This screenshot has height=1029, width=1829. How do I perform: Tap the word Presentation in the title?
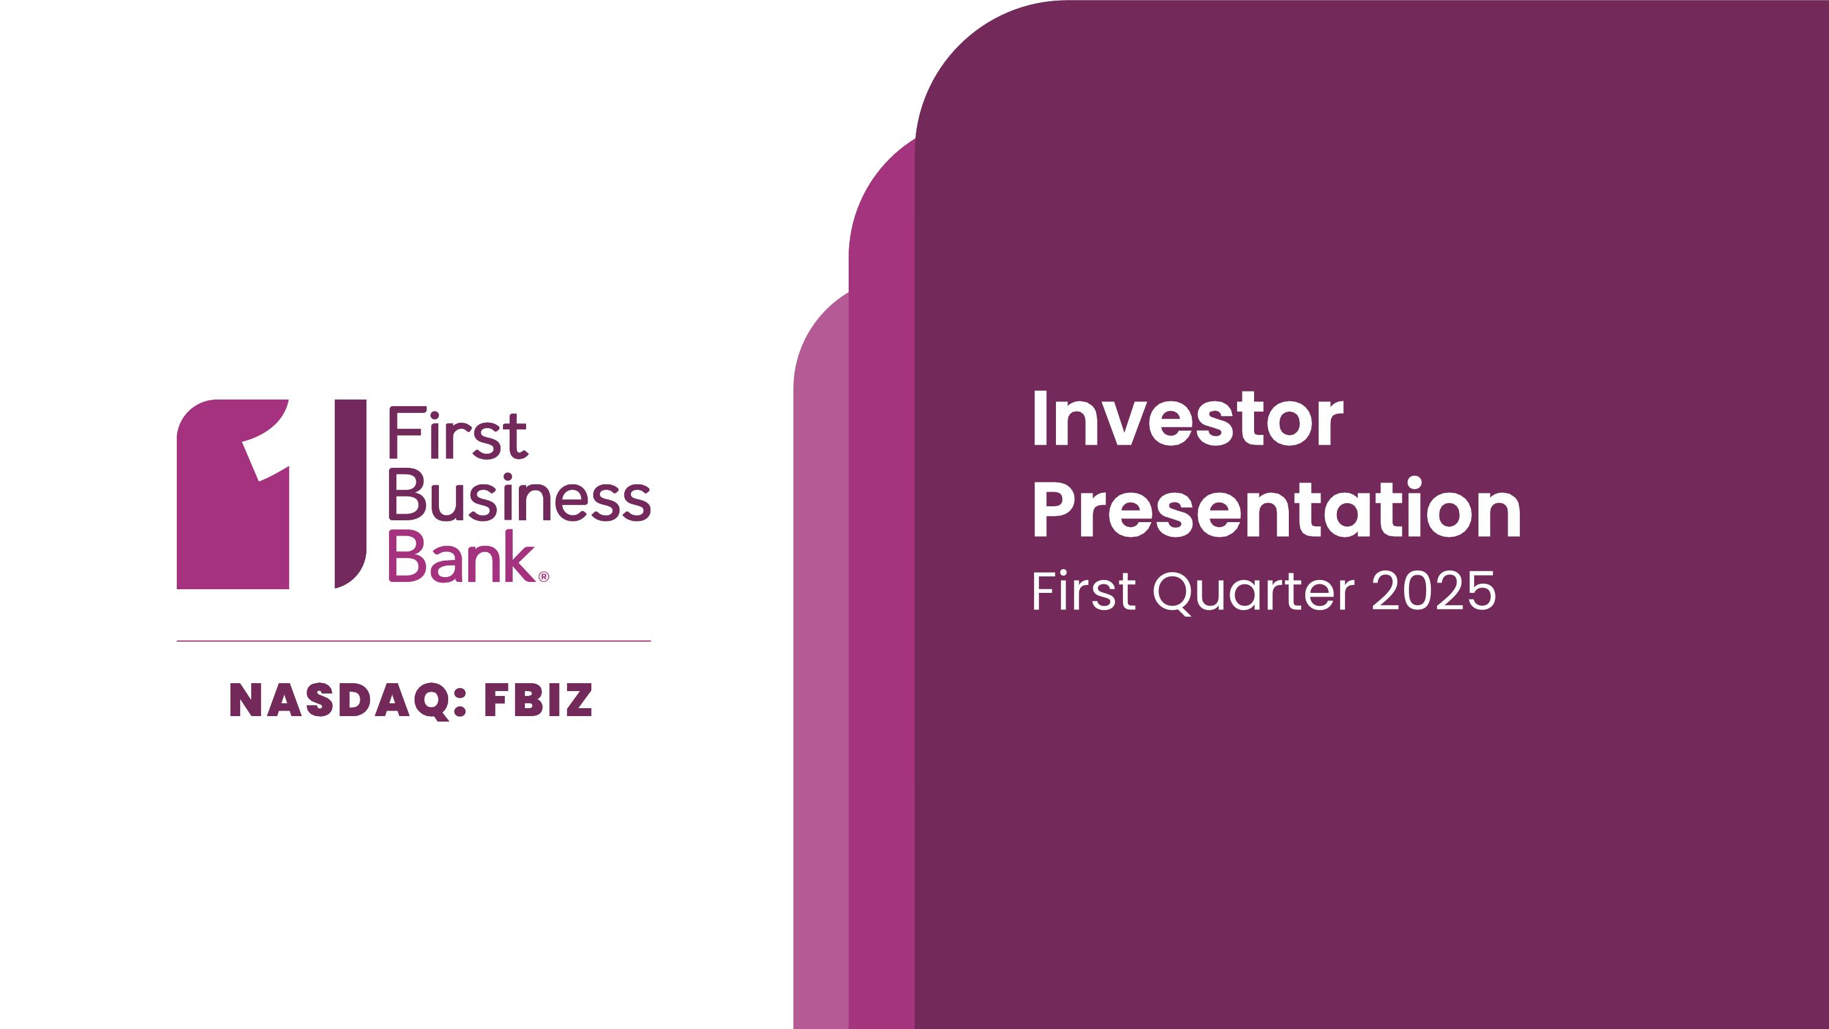(x=1277, y=507)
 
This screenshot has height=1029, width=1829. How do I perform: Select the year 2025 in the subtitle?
(x=1433, y=591)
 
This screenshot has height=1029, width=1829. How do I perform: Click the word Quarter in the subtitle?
(x=1254, y=592)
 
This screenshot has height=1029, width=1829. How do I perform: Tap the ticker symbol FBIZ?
(x=538, y=700)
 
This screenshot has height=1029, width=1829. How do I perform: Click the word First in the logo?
(x=458, y=432)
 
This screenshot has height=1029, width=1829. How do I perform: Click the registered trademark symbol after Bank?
(x=544, y=576)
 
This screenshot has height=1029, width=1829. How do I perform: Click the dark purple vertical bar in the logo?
(x=350, y=493)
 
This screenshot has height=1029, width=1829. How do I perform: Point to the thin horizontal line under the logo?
(x=414, y=640)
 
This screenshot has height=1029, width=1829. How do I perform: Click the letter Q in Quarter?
(x=1174, y=592)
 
